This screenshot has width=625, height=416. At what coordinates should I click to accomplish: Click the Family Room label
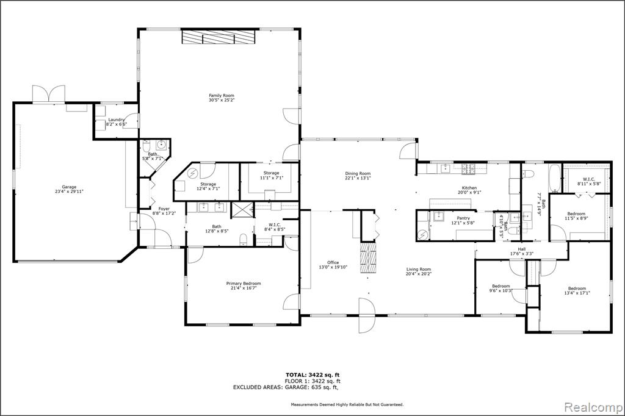pos(222,96)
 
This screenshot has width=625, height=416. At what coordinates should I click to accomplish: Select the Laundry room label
pos(117,120)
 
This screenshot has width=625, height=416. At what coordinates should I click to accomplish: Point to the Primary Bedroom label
pos(244,283)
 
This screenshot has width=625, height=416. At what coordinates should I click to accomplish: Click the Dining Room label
pos(358,173)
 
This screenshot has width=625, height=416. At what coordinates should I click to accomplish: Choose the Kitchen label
pos(469,188)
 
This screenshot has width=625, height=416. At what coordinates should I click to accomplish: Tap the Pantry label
pos(463,218)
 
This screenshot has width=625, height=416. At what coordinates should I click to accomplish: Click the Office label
pos(333,262)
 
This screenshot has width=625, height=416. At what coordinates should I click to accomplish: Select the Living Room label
pos(419,269)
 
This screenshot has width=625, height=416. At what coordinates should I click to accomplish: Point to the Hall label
pos(522,249)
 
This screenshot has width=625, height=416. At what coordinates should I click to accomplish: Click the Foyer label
pos(164,209)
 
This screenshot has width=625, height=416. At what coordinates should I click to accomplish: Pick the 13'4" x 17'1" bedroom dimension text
pos(577,293)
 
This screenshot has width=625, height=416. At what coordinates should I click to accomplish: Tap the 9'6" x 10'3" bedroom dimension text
pos(501,290)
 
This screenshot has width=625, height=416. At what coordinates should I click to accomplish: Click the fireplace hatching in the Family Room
pos(218,37)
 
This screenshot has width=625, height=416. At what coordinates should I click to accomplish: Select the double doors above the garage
pos(49,95)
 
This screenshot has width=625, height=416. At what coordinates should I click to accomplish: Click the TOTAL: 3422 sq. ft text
pos(312,375)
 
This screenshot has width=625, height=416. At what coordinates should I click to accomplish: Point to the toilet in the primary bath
pos(244,239)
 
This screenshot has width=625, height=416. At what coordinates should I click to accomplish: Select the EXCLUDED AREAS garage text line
pos(286,387)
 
